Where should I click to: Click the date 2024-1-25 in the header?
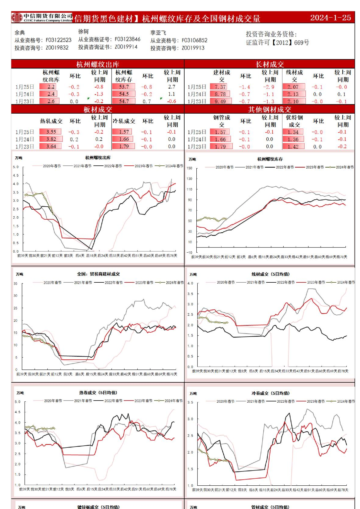pos(330,18)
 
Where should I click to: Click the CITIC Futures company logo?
pos(42,18)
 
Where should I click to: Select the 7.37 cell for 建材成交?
pos(220,87)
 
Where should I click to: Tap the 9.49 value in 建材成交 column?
pos(220,101)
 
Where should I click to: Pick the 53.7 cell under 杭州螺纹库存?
pos(124,87)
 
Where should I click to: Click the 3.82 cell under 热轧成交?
pos(51,139)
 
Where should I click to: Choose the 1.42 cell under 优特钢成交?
pos(293,147)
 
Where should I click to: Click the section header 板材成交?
pos(98,109)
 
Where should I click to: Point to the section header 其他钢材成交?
pos(269,109)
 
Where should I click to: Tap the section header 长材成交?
pos(269,64)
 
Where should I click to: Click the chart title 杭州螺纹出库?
pos(98,158)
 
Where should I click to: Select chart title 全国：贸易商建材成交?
pos(98,274)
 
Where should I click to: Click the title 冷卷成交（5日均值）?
pos(270,393)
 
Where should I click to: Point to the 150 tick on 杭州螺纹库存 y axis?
pos(189,168)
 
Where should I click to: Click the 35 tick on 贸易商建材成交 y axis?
pos(15,284)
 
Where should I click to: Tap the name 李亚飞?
pos(158,33)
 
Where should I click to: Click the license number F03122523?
pos(58,40)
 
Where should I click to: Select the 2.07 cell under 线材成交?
pos(293,87)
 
